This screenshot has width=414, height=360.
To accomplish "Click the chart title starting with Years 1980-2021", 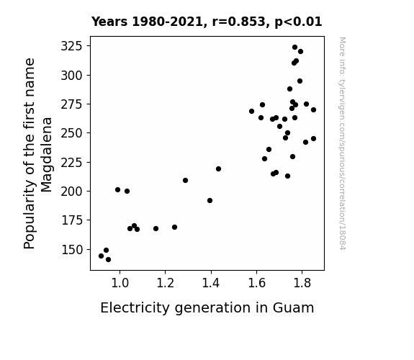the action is click(x=207, y=22).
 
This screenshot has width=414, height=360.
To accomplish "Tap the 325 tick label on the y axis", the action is click(x=72, y=46).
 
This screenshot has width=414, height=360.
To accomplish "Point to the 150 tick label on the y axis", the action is click(x=72, y=250).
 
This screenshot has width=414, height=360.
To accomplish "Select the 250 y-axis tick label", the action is click(x=72, y=133).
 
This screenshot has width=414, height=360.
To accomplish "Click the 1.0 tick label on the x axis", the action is click(x=120, y=283).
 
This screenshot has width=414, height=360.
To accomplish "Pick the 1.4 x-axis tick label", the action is click(x=211, y=283).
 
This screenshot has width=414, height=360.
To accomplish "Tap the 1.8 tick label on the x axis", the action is click(x=302, y=283).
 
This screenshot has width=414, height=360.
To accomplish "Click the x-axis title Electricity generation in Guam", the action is click(x=207, y=308).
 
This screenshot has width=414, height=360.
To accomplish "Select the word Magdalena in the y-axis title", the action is click(x=47, y=155).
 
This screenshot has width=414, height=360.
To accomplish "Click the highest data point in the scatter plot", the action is click(x=294, y=48).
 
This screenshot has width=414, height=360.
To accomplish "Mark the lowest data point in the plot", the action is click(x=108, y=260).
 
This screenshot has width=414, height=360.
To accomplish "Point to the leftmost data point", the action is click(x=101, y=256).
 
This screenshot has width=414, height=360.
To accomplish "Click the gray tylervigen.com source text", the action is click(x=342, y=143).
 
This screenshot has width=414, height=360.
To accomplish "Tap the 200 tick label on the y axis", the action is click(x=72, y=192).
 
